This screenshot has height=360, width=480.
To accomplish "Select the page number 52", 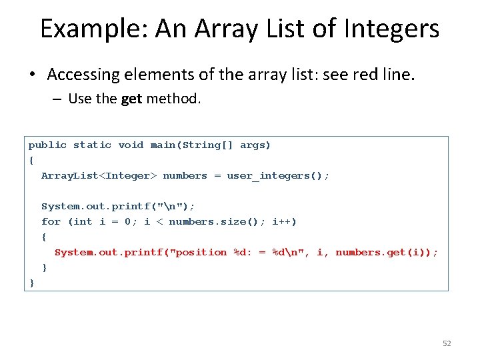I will click(447, 343).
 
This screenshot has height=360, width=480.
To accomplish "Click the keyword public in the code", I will click(47, 145).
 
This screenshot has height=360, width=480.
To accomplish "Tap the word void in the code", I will click(131, 145).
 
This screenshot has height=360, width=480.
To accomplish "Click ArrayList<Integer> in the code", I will click(99, 175).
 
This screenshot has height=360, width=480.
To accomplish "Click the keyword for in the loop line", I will click(51, 221).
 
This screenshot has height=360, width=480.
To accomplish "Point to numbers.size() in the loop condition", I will click(214, 221).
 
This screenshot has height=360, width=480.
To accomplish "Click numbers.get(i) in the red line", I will click(383, 252).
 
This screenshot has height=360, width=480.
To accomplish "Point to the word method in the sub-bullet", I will click(173, 99).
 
